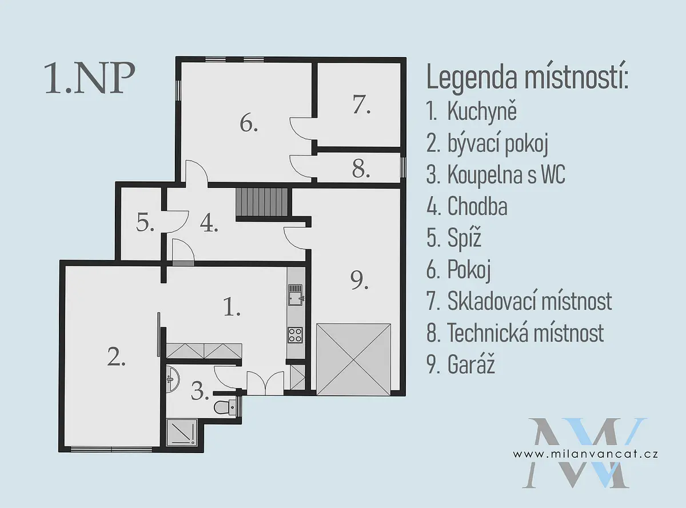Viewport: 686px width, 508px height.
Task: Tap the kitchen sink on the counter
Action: (296, 295)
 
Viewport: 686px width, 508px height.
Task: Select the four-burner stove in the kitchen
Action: (296, 335)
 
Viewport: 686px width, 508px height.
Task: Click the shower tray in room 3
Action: (182, 432)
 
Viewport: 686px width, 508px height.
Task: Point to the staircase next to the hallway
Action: (262, 202)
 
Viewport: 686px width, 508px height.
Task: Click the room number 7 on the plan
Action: (361, 105)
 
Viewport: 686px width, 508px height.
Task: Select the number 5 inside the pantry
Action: (145, 222)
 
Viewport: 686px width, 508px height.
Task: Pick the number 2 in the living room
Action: (116, 357)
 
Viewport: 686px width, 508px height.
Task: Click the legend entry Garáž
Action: (461, 365)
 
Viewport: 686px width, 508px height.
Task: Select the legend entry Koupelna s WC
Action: (496, 175)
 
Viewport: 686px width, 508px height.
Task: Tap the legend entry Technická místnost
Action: (515, 333)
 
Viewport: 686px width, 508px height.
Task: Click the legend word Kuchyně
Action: (482, 112)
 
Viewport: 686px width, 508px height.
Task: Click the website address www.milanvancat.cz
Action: (585, 454)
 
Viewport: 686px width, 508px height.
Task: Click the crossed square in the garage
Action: (353, 359)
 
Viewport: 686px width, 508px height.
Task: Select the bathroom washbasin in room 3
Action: (173, 379)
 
